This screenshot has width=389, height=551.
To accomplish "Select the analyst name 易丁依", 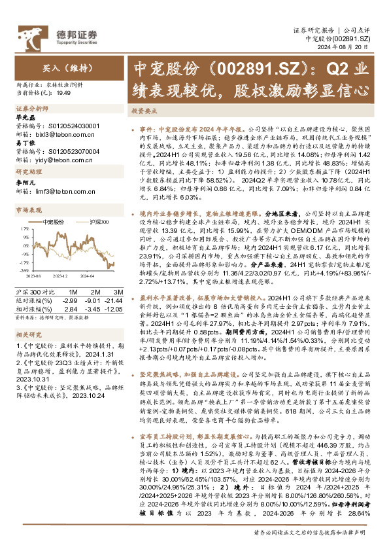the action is (x=25, y=142).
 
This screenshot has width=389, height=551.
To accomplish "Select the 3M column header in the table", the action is (x=118, y=291).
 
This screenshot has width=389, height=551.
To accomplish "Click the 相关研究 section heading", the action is (x=28, y=334).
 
